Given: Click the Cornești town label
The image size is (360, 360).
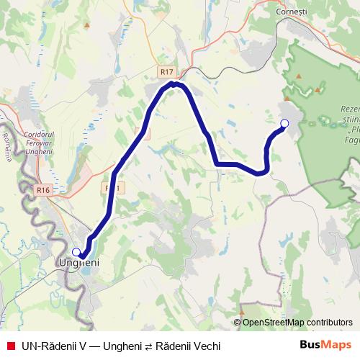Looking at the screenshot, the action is (x=291, y=12).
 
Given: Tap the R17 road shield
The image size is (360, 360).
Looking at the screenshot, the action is (x=167, y=72).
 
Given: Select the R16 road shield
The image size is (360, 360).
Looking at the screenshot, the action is (x=43, y=189).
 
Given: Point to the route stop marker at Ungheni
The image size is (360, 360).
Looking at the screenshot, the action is (x=76, y=252).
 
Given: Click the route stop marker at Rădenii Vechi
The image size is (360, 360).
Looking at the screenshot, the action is (x=284, y=124).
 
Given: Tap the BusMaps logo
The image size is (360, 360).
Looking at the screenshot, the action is (x=325, y=345).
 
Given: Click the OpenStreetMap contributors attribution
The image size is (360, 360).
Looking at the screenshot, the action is (x=293, y=323).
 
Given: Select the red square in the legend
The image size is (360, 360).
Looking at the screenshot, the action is (x=10, y=346).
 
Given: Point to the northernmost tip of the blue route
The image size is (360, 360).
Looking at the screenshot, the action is (x=174, y=84).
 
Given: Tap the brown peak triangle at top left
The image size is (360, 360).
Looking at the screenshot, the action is (x=87, y=26).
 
